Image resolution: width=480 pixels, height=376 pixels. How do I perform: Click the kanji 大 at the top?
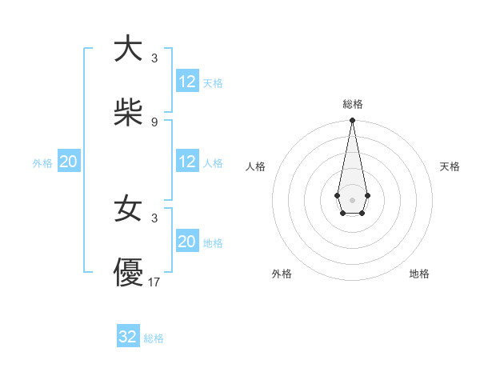129,49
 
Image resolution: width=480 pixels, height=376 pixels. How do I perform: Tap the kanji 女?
129,210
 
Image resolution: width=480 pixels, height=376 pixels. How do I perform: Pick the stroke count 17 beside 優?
155,282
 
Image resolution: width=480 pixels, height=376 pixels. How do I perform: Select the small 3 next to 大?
154,58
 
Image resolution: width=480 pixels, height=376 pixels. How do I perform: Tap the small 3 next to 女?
154,218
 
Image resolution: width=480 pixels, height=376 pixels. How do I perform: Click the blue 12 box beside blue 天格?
187,82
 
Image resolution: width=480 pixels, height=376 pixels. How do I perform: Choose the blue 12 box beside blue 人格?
187,162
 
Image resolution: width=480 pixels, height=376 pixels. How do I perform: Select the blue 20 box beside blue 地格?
187,242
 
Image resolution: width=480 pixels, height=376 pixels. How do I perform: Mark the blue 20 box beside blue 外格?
68,162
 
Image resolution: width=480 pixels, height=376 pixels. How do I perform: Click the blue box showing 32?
128,337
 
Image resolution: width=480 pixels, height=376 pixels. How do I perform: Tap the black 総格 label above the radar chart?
353,104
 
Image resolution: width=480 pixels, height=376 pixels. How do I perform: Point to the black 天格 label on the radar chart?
450,166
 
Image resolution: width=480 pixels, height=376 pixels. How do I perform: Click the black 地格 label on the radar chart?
419,274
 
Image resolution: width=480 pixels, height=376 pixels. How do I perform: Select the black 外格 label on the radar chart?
282,274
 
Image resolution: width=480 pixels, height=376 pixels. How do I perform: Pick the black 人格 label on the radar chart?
255,166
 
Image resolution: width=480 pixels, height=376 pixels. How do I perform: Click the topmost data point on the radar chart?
352,121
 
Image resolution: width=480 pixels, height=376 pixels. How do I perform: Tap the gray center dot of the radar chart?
352,199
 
